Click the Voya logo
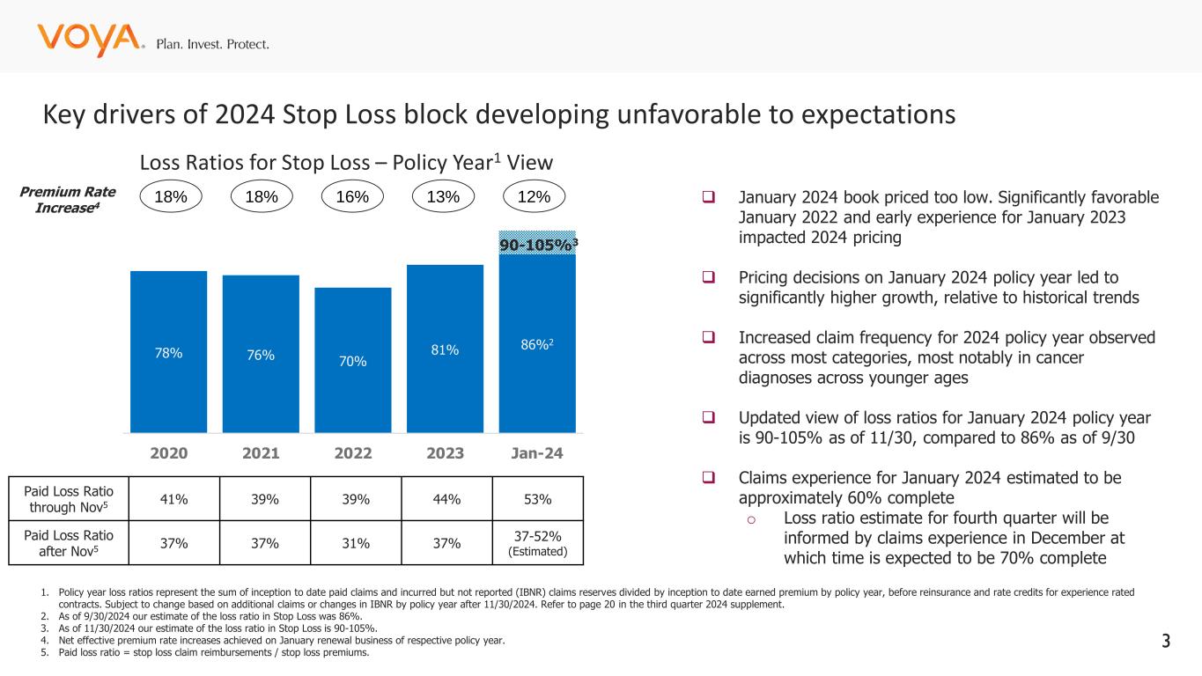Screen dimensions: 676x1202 tap(89, 40)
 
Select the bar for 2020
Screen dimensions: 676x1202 tap(168, 351)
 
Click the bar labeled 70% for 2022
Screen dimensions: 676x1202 tap(353, 360)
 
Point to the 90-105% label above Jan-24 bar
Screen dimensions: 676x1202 tap(539, 245)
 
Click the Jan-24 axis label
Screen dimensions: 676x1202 tap(537, 454)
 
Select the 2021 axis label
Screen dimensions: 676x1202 tap(261, 454)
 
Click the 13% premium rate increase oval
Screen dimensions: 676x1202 tap(443, 198)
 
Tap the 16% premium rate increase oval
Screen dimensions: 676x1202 tap(353, 198)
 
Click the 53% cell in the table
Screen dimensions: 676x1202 tap(537, 501)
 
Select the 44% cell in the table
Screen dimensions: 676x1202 tap(445, 501)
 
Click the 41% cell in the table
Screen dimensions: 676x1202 tap(168, 501)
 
